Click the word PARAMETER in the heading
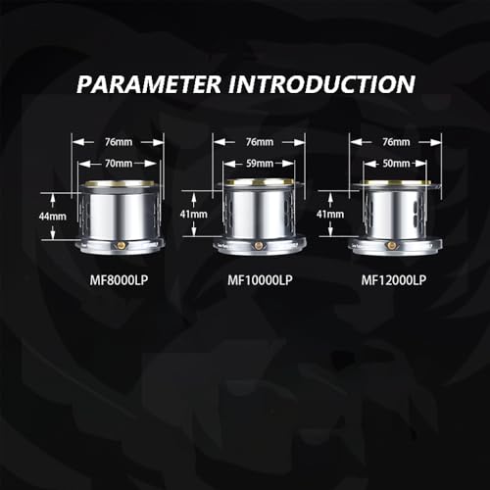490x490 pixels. coord(149,84)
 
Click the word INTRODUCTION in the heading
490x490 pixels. coord(321,84)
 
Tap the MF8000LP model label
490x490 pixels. coord(119,280)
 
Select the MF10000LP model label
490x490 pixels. coord(260,280)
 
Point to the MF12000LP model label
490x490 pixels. coord(394,280)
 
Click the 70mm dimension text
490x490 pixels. coord(119,164)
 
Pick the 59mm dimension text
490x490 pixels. coord(260,164)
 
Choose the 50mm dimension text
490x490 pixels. coord(396,164)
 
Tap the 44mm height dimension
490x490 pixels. coord(53,217)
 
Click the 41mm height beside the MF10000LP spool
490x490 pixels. coord(194,215)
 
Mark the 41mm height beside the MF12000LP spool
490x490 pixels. coord(330,215)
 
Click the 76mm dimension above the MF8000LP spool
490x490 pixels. coord(119,142)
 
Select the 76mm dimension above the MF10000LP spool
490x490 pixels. coord(260,142)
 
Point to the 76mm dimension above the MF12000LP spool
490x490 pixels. coord(396,142)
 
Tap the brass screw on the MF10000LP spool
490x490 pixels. coord(259,246)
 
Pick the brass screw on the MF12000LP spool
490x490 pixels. coord(391,245)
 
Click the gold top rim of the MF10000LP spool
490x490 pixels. coord(260,182)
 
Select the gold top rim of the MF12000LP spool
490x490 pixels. coord(396,182)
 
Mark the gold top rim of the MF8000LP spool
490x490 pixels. coord(120,183)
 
